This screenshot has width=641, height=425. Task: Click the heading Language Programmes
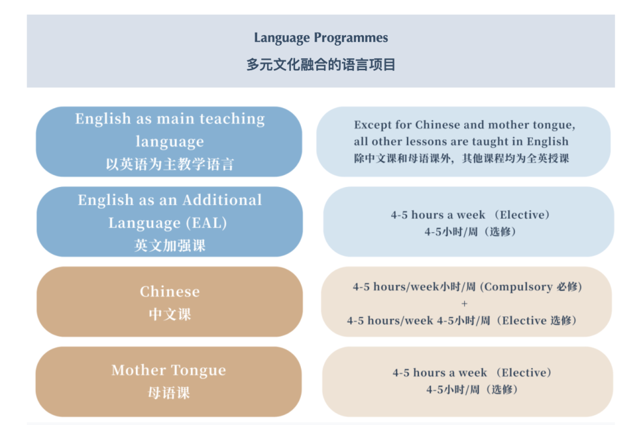(321, 38)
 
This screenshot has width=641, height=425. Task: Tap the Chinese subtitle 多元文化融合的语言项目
(321, 65)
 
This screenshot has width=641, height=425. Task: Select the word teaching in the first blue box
(232, 119)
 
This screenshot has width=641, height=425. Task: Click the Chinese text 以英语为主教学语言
(170, 164)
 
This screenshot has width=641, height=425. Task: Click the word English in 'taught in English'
(547, 142)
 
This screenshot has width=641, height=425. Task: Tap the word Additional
(222, 200)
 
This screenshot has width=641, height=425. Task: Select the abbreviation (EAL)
(207, 223)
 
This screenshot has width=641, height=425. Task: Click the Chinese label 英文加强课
(170, 246)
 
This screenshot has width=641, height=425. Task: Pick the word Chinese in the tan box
(170, 291)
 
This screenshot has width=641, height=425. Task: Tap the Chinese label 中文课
(170, 314)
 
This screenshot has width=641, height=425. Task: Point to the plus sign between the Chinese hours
(464, 304)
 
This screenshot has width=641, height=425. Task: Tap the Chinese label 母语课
(169, 393)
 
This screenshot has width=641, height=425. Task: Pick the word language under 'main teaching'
(170, 142)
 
